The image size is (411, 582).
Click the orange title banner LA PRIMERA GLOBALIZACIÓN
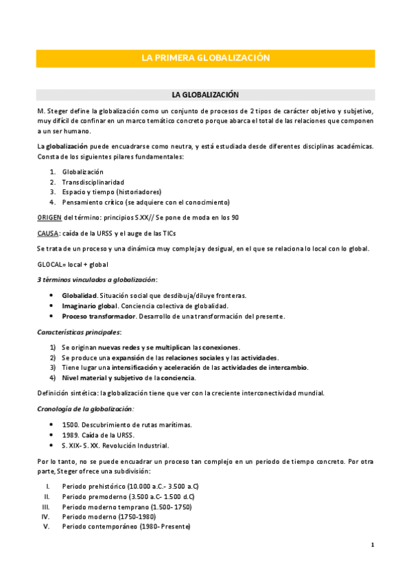coord(205,58)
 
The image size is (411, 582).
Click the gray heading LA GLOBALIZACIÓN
coord(205,94)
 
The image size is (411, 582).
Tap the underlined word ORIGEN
coord(49,217)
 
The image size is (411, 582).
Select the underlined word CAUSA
coord(48,233)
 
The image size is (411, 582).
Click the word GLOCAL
coord(50,264)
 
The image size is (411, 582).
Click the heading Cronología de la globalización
coord(85,408)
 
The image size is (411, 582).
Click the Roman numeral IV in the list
coord(45,516)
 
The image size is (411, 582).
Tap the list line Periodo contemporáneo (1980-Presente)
coord(126,526)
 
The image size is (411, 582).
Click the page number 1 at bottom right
coord(372,545)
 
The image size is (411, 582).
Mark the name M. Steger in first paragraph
coord(52,110)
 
